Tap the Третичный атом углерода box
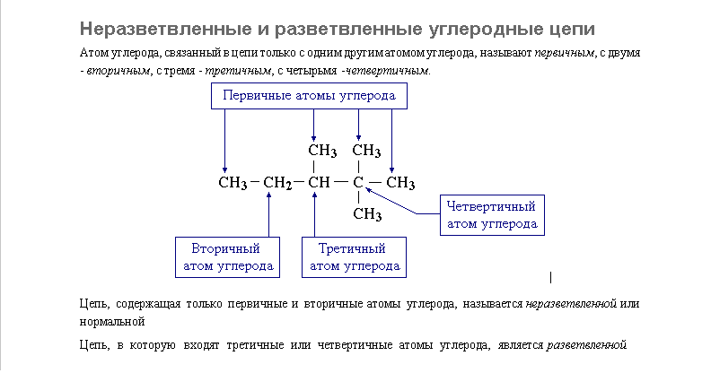354,256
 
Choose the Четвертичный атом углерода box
491,215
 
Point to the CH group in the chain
320,184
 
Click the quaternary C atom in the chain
357,184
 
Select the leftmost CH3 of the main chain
233,184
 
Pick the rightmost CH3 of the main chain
399,184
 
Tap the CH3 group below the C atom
367,214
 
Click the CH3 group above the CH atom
322,150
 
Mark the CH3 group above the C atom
367,150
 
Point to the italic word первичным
567,54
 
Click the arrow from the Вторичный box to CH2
269,215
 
